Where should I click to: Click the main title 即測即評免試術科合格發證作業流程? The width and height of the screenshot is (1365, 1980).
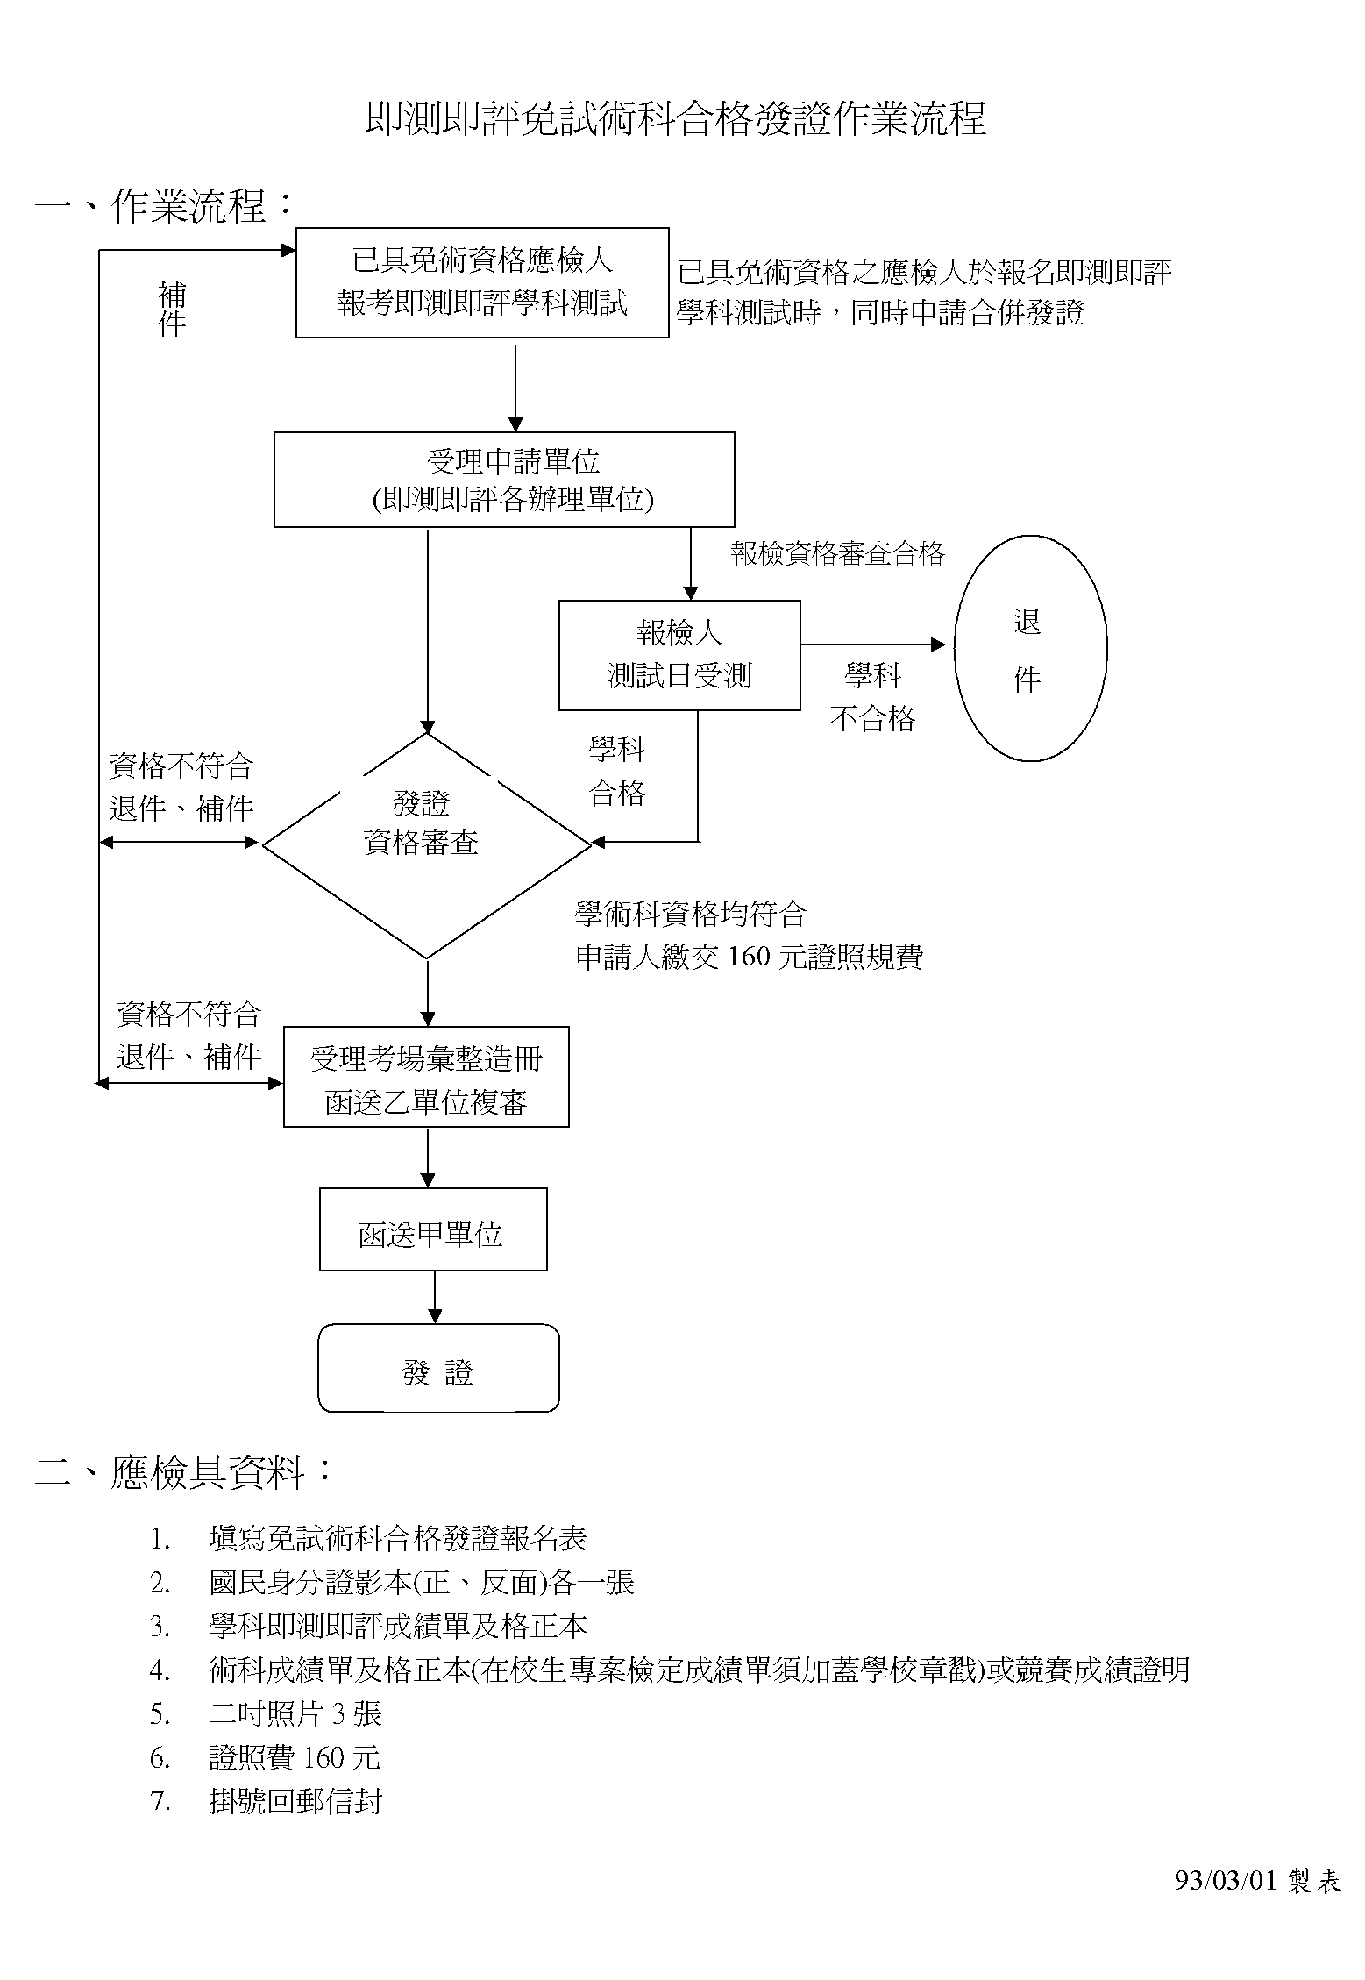tap(675, 119)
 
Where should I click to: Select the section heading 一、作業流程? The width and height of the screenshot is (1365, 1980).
tap(164, 206)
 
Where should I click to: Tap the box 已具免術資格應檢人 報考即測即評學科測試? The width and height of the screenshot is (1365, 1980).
tap(482, 282)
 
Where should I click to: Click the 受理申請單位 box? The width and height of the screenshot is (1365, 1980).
tap(504, 479)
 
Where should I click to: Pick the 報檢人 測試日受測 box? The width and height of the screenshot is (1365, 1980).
tap(679, 654)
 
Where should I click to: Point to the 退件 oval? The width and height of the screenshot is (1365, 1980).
tap(1029, 648)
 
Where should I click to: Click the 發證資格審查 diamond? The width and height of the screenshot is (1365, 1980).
tap(427, 844)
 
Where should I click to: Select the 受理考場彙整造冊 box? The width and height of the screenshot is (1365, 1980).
tap(426, 1077)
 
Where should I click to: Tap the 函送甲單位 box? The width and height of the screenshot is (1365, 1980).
tap(433, 1229)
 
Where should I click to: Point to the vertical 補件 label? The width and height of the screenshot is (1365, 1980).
tap(172, 309)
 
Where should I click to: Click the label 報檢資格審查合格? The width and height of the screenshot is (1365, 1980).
tap(837, 553)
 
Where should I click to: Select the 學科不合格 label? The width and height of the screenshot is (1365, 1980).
tap(872, 697)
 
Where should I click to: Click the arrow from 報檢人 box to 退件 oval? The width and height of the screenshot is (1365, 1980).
tap(872, 645)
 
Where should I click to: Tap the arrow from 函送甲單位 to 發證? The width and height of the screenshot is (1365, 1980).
tap(435, 1296)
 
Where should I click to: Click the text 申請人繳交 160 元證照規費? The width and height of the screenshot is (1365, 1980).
tap(749, 957)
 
